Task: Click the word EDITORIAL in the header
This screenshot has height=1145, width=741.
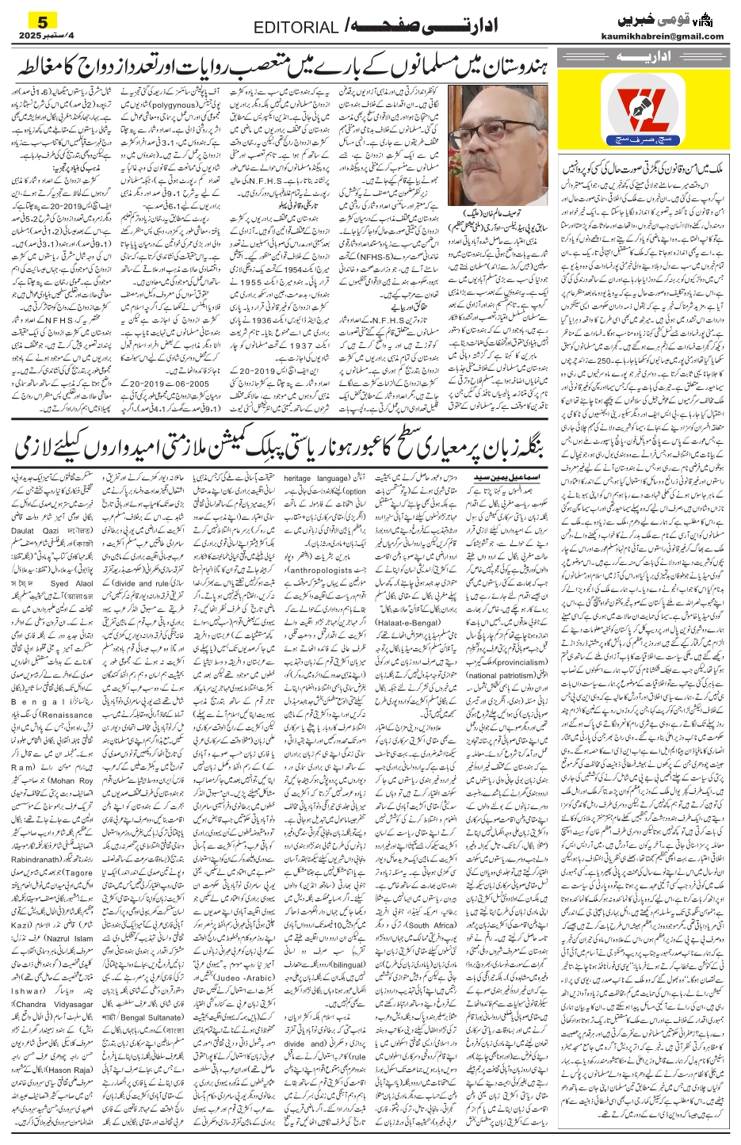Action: pyautogui.click(x=296, y=28)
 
